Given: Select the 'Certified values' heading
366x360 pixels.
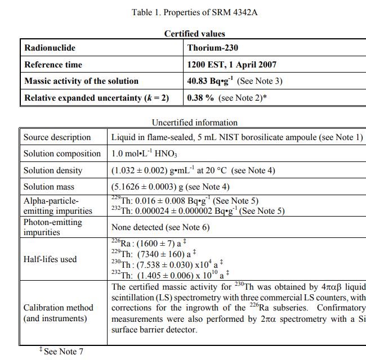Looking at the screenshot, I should (x=194, y=34).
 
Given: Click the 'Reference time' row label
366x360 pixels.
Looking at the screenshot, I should (x=53, y=65).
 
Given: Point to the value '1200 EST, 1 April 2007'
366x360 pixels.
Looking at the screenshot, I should (x=231, y=65).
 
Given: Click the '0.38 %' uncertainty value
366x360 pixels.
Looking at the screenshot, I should (x=200, y=98).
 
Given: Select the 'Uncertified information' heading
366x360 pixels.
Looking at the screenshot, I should (x=194, y=122).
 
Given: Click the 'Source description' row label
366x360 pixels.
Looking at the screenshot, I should (x=57, y=137).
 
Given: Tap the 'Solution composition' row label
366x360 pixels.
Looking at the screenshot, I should (x=62, y=154).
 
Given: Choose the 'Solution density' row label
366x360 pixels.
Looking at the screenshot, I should (x=53, y=170).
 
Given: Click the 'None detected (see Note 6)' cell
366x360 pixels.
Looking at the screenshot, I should (x=160, y=227).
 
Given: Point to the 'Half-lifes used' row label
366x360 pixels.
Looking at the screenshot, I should (x=50, y=259).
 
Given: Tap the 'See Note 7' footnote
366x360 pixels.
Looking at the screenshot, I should (x=63, y=352).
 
